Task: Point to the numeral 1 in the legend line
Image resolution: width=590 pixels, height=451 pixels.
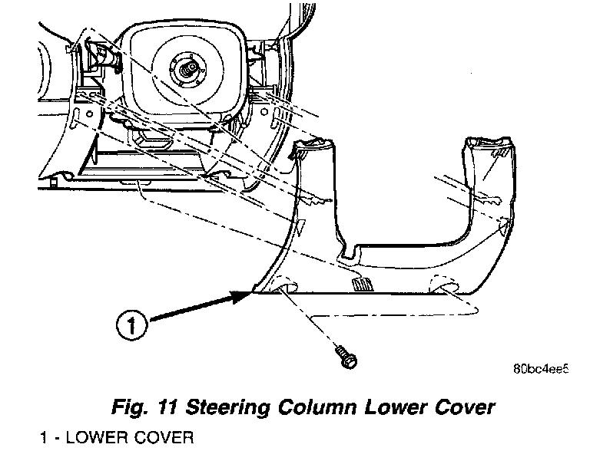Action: pyautogui.click(x=45, y=438)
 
